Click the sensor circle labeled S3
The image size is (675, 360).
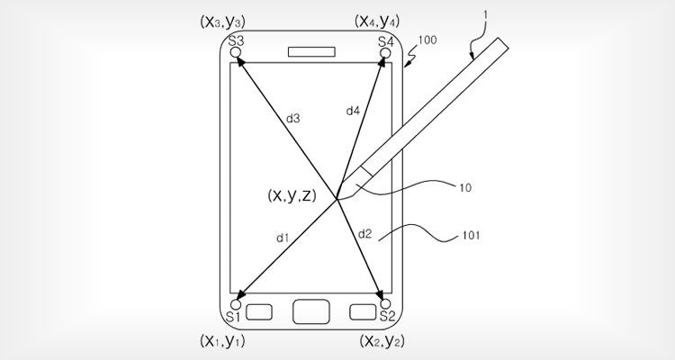[x=236, y=52]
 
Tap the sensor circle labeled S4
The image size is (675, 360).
[x=385, y=52]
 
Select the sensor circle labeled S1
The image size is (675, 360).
[x=236, y=304]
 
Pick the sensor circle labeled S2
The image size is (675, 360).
[x=385, y=304]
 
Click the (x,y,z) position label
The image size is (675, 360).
[x=292, y=195]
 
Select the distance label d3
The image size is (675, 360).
[x=293, y=119]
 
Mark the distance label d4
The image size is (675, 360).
[x=353, y=111]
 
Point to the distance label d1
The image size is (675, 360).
[x=283, y=238]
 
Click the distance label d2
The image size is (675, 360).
[x=364, y=234]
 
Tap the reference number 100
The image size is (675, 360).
[x=427, y=40]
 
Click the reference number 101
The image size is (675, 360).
[x=471, y=236]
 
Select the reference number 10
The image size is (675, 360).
[x=465, y=188]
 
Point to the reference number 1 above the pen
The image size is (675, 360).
[x=486, y=15]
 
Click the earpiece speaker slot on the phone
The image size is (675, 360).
[x=311, y=51]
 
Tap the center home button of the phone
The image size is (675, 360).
[x=311, y=311]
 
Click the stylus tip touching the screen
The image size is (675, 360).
[x=337, y=200]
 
